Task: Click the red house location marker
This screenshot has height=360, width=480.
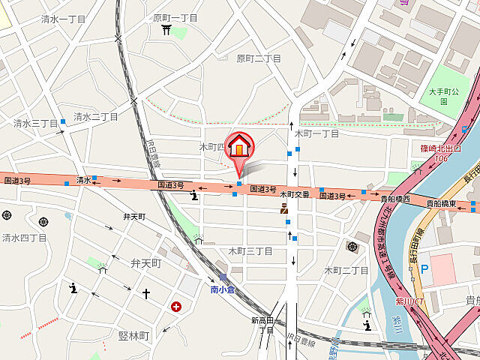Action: tap(239, 147)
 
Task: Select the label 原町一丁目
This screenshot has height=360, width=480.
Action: tap(175, 17)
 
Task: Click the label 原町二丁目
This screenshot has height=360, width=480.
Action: tap(259, 58)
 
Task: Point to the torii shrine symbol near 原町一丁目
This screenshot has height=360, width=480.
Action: tap(166, 29)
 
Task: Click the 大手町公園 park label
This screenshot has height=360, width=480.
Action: tap(454, 95)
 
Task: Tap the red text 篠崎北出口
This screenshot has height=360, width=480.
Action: tap(440, 148)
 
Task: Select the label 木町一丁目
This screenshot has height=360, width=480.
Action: tap(316, 133)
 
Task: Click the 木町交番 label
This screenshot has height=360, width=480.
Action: tap(295, 194)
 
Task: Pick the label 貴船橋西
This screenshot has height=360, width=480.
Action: tap(394, 199)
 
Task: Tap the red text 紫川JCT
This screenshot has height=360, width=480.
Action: tap(410, 302)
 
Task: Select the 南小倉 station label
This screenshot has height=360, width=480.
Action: tap(223, 289)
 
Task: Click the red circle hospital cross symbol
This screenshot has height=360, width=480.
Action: tap(175, 306)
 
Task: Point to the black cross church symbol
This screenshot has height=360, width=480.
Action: tap(146, 293)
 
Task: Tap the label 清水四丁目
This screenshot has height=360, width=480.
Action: tap(24, 238)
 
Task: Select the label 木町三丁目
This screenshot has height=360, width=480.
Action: tap(250, 251)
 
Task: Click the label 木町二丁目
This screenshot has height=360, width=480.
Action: tap(346, 270)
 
